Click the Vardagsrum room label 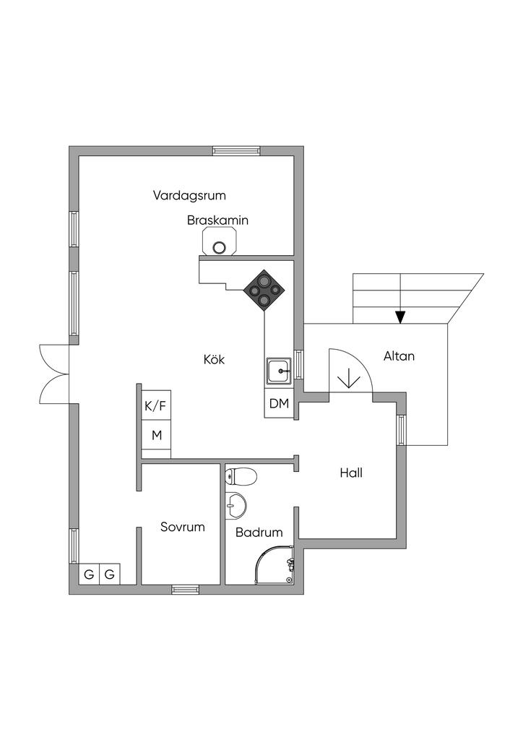click(189, 195)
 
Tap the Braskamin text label click(217, 220)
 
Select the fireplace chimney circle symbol click(219, 247)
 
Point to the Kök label click(214, 360)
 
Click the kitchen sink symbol click(280, 371)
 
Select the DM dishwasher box click(279, 403)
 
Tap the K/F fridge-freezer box click(155, 405)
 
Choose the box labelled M click(157, 434)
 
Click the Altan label click(399, 356)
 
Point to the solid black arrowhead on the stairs click(400, 317)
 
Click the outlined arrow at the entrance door click(348, 377)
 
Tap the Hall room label click(351, 473)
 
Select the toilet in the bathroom click(241, 476)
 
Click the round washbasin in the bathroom click(235, 506)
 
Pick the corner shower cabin click(275, 565)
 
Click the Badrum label click(259, 533)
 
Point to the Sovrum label click(183, 527)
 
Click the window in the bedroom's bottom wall click(186, 589)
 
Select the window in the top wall click(236, 150)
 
